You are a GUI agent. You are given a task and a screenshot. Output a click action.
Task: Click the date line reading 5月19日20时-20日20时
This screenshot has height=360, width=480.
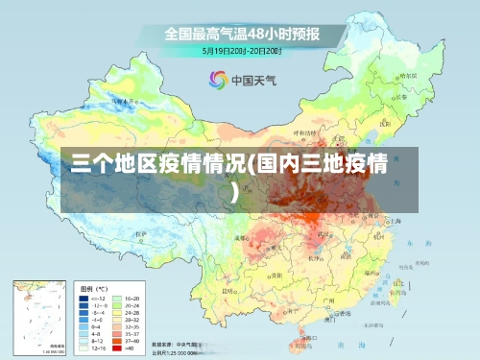[x=241, y=50]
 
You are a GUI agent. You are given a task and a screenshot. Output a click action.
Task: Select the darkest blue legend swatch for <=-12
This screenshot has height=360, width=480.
[x=85, y=300]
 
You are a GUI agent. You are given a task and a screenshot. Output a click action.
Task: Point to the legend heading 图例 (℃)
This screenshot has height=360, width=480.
[x=93, y=289]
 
